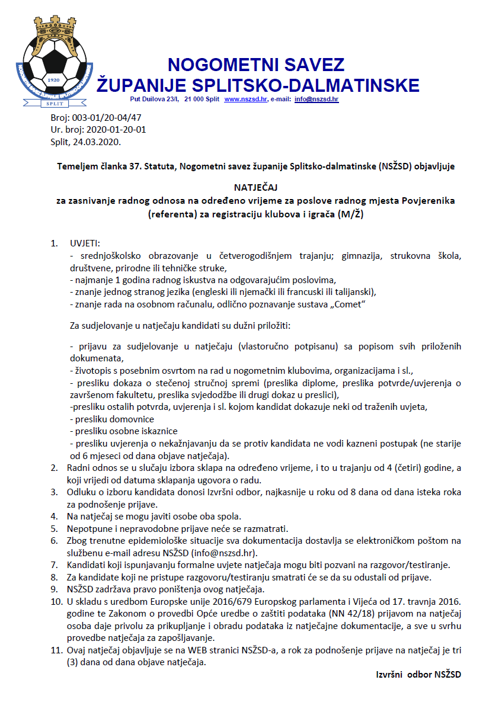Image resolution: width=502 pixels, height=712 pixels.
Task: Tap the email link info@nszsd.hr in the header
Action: pyautogui.click(x=316, y=100)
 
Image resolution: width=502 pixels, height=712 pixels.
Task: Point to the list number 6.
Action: pyautogui.click(x=54, y=540)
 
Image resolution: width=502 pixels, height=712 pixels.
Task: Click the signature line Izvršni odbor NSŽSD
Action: pyautogui.click(x=419, y=674)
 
